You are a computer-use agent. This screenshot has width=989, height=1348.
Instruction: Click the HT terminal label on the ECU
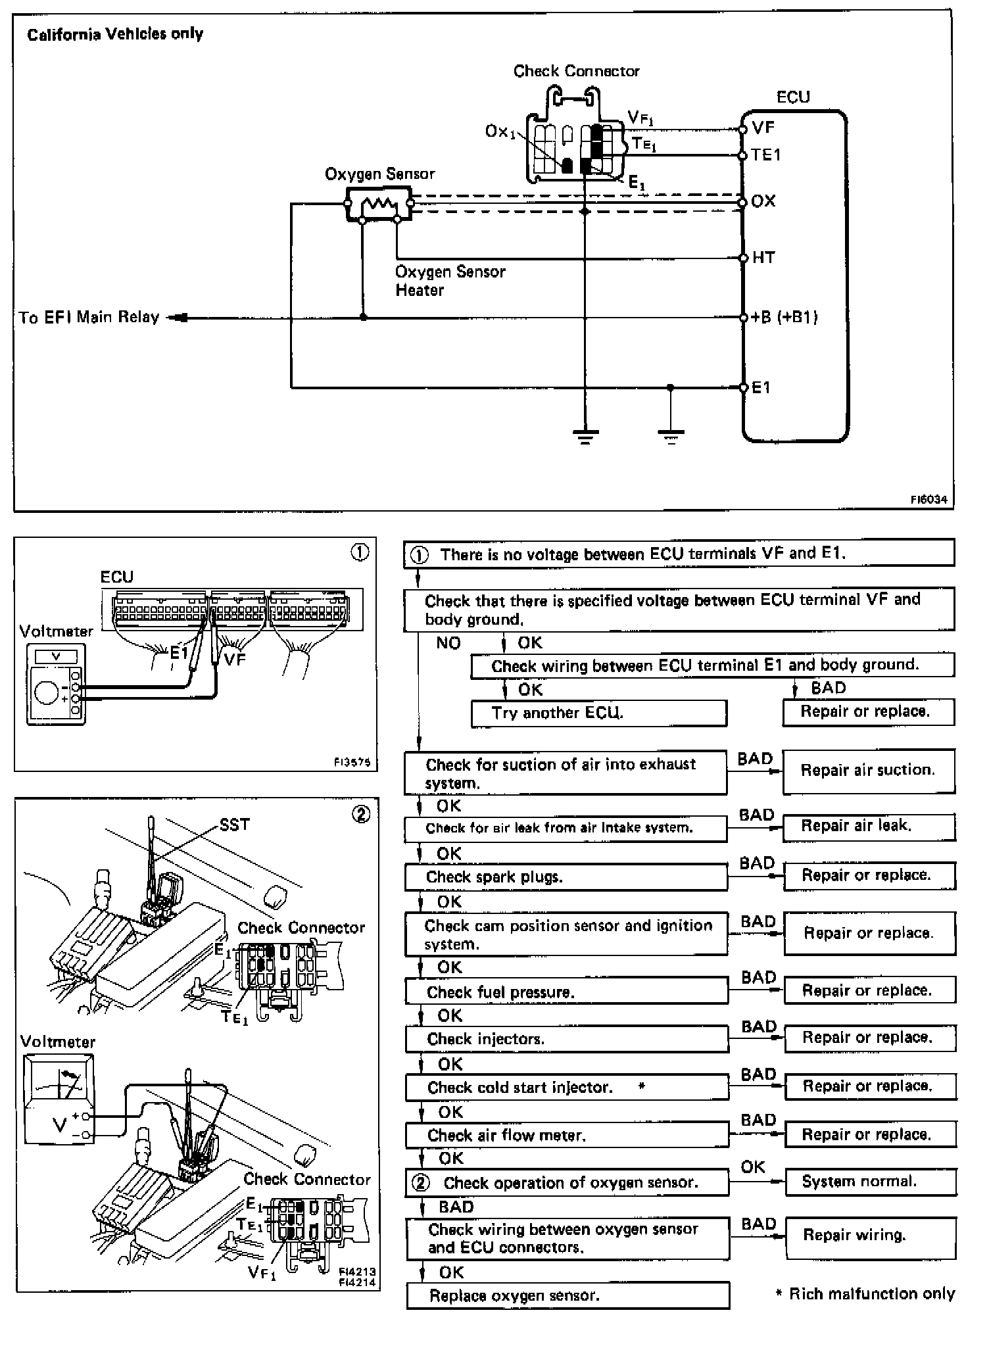pyautogui.click(x=763, y=257)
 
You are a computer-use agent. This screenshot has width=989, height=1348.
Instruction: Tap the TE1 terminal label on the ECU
pyautogui.click(x=766, y=155)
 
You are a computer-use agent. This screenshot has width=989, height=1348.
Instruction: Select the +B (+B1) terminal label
pyautogui.click(x=784, y=317)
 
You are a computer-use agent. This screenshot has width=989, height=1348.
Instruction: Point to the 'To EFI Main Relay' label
pyautogui.click(x=89, y=318)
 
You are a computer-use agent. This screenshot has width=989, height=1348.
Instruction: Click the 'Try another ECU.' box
pyautogui.click(x=598, y=713)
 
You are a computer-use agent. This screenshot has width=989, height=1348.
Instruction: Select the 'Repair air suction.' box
pyautogui.click(x=868, y=770)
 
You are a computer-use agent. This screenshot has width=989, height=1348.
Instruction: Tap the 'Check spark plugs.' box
pyautogui.click(x=566, y=877)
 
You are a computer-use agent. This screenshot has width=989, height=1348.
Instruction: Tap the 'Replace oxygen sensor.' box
pyautogui.click(x=567, y=1295)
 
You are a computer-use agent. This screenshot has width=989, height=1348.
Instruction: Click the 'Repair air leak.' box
pyautogui.click(x=868, y=826)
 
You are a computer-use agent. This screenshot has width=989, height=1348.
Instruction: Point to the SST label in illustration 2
pyautogui.click(x=234, y=825)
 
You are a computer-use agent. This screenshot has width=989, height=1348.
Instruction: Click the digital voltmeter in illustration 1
pyautogui.click(x=56, y=684)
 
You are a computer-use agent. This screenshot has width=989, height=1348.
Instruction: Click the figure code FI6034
pyautogui.click(x=929, y=499)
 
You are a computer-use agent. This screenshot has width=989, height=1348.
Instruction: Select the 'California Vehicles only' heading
pyautogui.click(x=115, y=34)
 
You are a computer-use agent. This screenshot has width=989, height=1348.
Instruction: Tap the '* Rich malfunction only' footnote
pyautogui.click(x=865, y=1293)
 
